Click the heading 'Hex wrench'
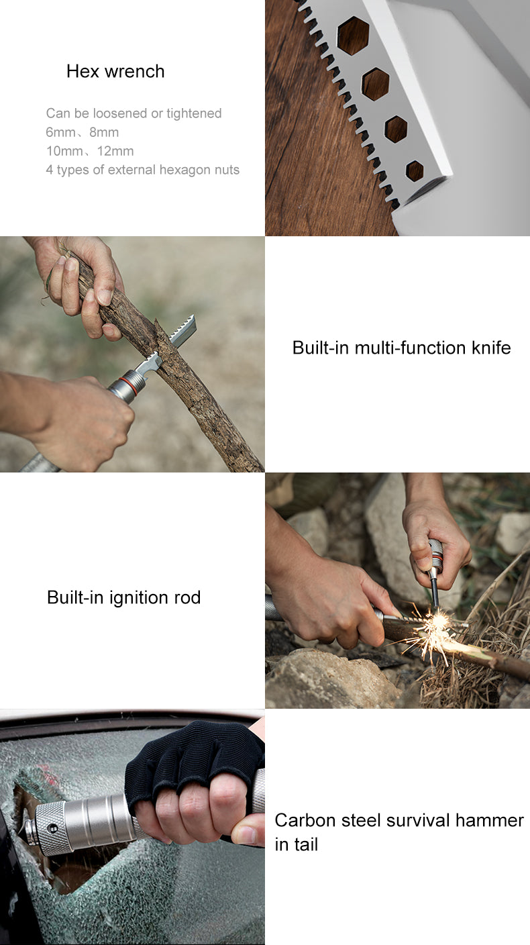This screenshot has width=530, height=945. (115, 71)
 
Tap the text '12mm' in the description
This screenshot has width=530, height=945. (115, 151)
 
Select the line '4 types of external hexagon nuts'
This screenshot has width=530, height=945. (142, 170)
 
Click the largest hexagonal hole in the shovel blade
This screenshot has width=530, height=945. (352, 35)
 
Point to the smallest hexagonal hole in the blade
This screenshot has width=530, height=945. (415, 171)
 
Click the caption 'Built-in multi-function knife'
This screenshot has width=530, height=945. (401, 348)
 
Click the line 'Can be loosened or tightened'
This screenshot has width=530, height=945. (134, 113)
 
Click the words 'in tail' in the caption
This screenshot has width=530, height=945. (296, 844)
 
